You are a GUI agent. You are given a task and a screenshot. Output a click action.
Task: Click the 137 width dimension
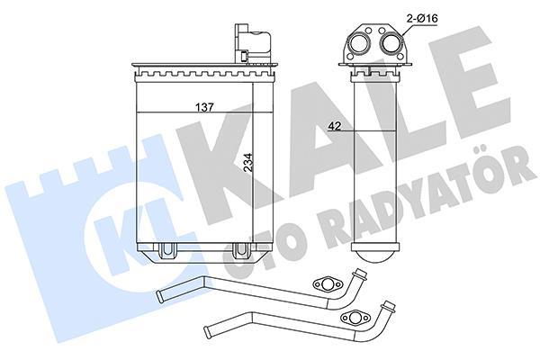[x=205, y=107]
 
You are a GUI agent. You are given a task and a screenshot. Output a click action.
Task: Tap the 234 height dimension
[x=248, y=162]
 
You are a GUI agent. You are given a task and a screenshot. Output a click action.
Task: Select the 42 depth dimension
[x=335, y=126]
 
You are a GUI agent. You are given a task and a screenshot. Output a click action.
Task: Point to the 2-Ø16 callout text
[x=422, y=18]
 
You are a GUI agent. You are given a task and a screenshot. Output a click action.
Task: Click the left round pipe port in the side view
[x=359, y=43]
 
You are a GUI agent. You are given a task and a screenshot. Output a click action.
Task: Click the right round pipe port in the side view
[x=391, y=43]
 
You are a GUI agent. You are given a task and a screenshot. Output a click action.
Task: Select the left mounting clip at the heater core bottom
[x=167, y=251]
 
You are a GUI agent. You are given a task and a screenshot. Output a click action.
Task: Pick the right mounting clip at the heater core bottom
[x=240, y=251]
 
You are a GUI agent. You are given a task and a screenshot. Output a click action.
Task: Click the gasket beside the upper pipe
[x=328, y=284]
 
